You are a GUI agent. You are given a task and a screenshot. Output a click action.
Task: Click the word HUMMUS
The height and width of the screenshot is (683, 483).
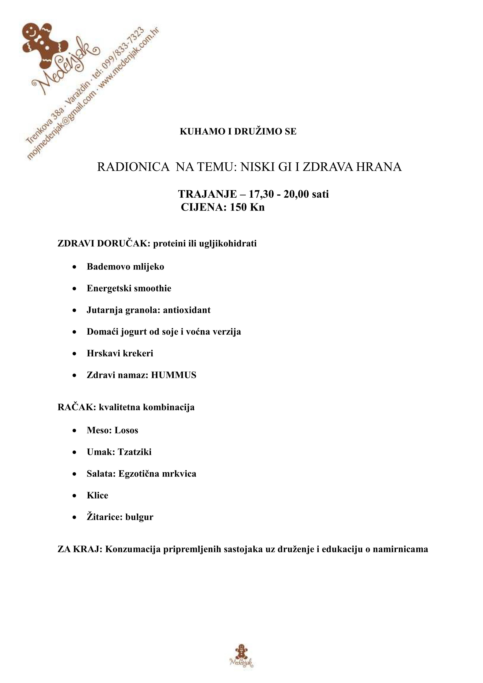pyautogui.click(x=174, y=375)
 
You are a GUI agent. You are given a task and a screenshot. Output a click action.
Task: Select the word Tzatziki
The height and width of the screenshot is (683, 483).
pyautogui.click(x=135, y=452)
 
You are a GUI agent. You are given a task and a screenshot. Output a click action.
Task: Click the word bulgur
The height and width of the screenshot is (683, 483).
pyautogui.click(x=139, y=517)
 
